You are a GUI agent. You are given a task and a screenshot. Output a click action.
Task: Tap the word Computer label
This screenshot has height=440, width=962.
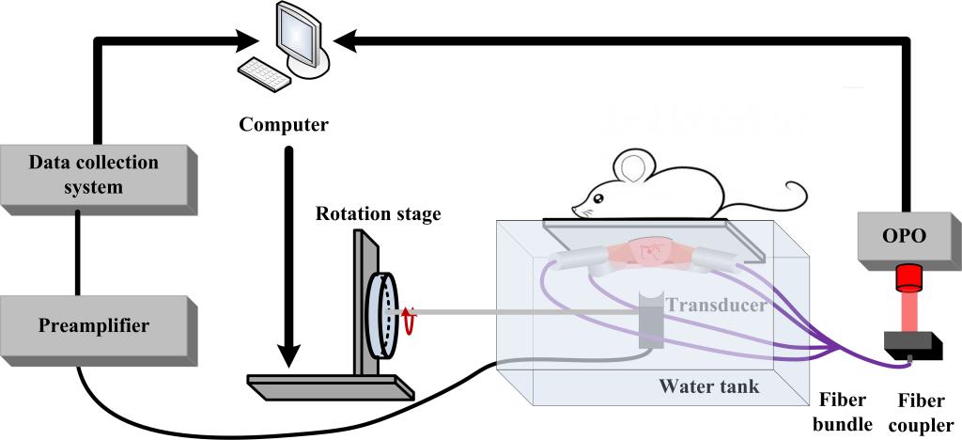click(x=283, y=125)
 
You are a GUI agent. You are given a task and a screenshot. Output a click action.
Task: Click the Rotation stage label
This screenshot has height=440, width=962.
click(x=378, y=214)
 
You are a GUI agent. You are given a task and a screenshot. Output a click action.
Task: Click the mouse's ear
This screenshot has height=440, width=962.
click(x=635, y=167)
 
